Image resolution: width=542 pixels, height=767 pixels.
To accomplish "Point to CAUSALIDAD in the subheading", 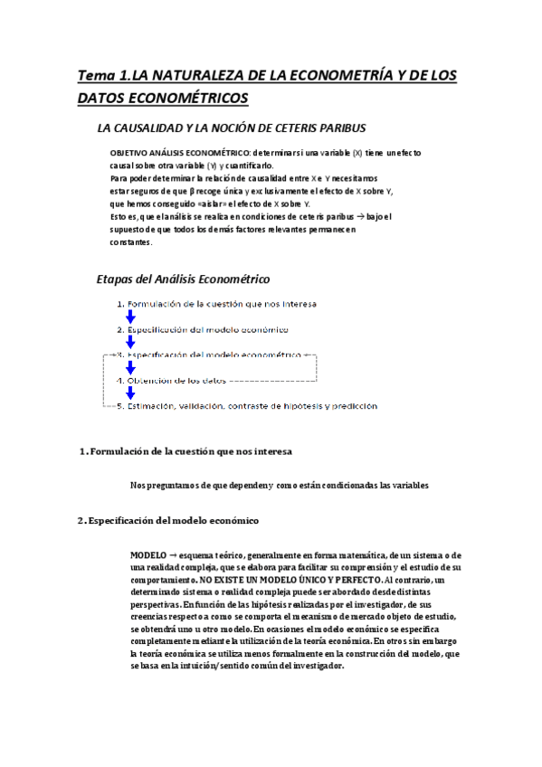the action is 154,128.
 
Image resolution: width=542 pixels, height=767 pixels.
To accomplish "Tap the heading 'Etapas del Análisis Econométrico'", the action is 183,279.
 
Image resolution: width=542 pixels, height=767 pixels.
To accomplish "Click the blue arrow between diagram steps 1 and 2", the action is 130,317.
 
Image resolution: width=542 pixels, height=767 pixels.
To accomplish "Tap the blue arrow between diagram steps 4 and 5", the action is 130,393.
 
